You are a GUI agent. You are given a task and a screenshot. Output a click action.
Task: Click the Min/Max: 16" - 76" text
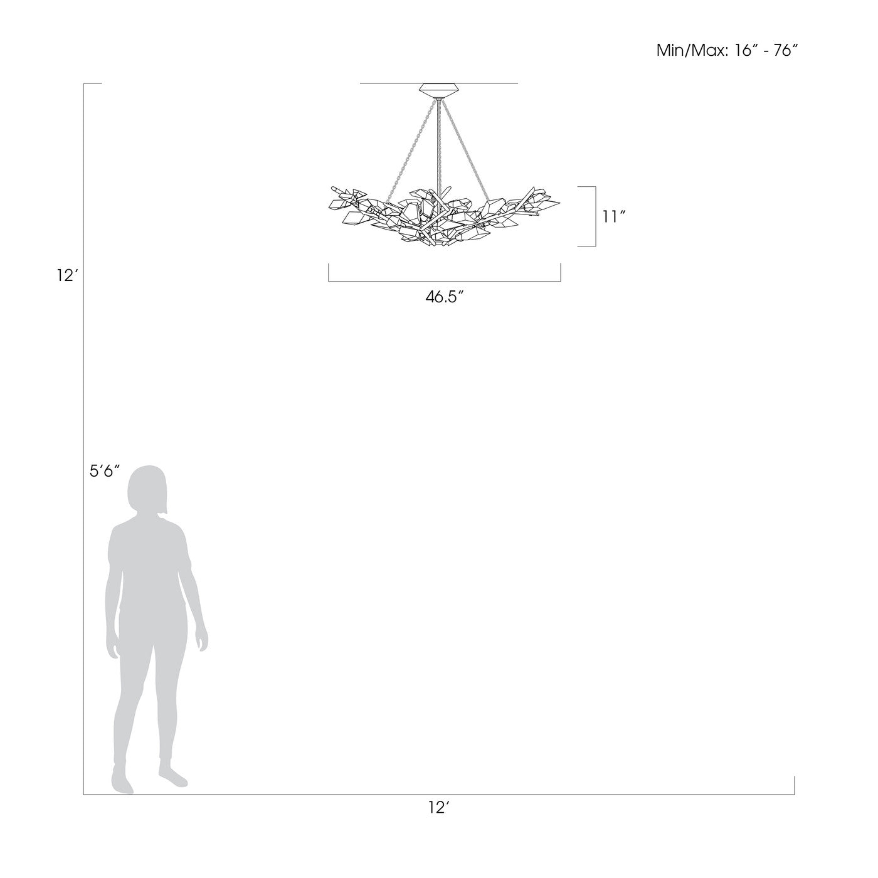(727, 51)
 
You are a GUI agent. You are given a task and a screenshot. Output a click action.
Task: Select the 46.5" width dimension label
(444, 297)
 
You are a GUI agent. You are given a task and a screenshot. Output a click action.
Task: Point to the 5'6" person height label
(104, 472)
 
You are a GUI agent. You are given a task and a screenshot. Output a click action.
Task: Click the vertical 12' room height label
(68, 276)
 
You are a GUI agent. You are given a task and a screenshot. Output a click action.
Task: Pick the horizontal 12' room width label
(439, 820)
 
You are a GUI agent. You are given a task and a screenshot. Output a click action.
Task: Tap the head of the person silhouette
(147, 490)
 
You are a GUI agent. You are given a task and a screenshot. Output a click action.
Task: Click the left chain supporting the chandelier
(409, 151)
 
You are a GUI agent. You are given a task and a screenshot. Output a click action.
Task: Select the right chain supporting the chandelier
(466, 150)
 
